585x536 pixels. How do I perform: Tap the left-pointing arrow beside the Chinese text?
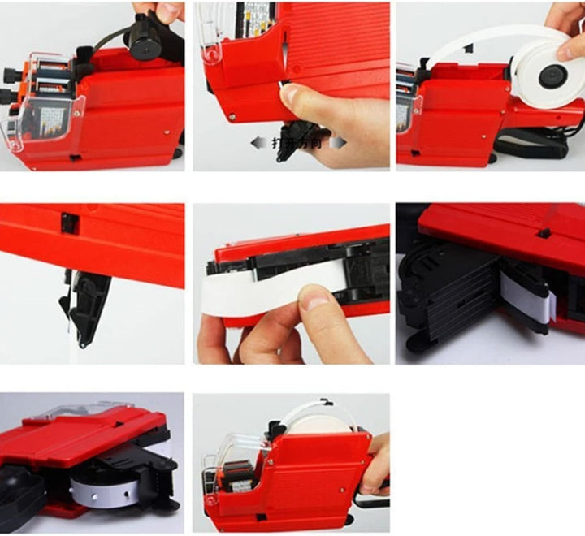pyautogui.click(x=257, y=141)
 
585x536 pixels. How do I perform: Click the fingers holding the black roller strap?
pyautogui.click(x=167, y=11)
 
